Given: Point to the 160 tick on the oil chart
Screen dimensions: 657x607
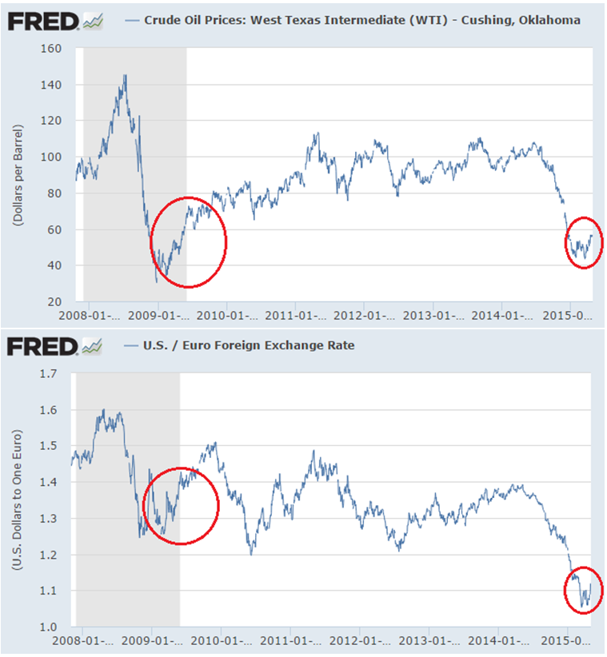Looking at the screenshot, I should (x=50, y=49).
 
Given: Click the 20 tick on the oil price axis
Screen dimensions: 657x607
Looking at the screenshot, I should (x=54, y=302).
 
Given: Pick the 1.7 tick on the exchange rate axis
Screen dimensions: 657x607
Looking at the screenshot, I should (x=49, y=373).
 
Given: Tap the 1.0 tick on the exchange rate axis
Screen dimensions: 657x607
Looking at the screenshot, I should (x=49, y=627).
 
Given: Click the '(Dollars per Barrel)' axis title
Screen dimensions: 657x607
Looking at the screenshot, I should (x=17, y=175).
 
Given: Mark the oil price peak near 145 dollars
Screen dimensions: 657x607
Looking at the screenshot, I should (x=125, y=75).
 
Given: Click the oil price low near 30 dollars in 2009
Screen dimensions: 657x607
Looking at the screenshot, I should (x=157, y=281).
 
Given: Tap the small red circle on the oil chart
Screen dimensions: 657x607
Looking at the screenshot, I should (x=584, y=242).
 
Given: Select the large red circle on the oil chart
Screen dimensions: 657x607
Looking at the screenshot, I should (x=189, y=242).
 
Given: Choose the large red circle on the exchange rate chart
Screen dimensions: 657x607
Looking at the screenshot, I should (x=181, y=506).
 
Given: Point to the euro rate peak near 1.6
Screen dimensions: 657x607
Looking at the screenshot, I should (x=104, y=410).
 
